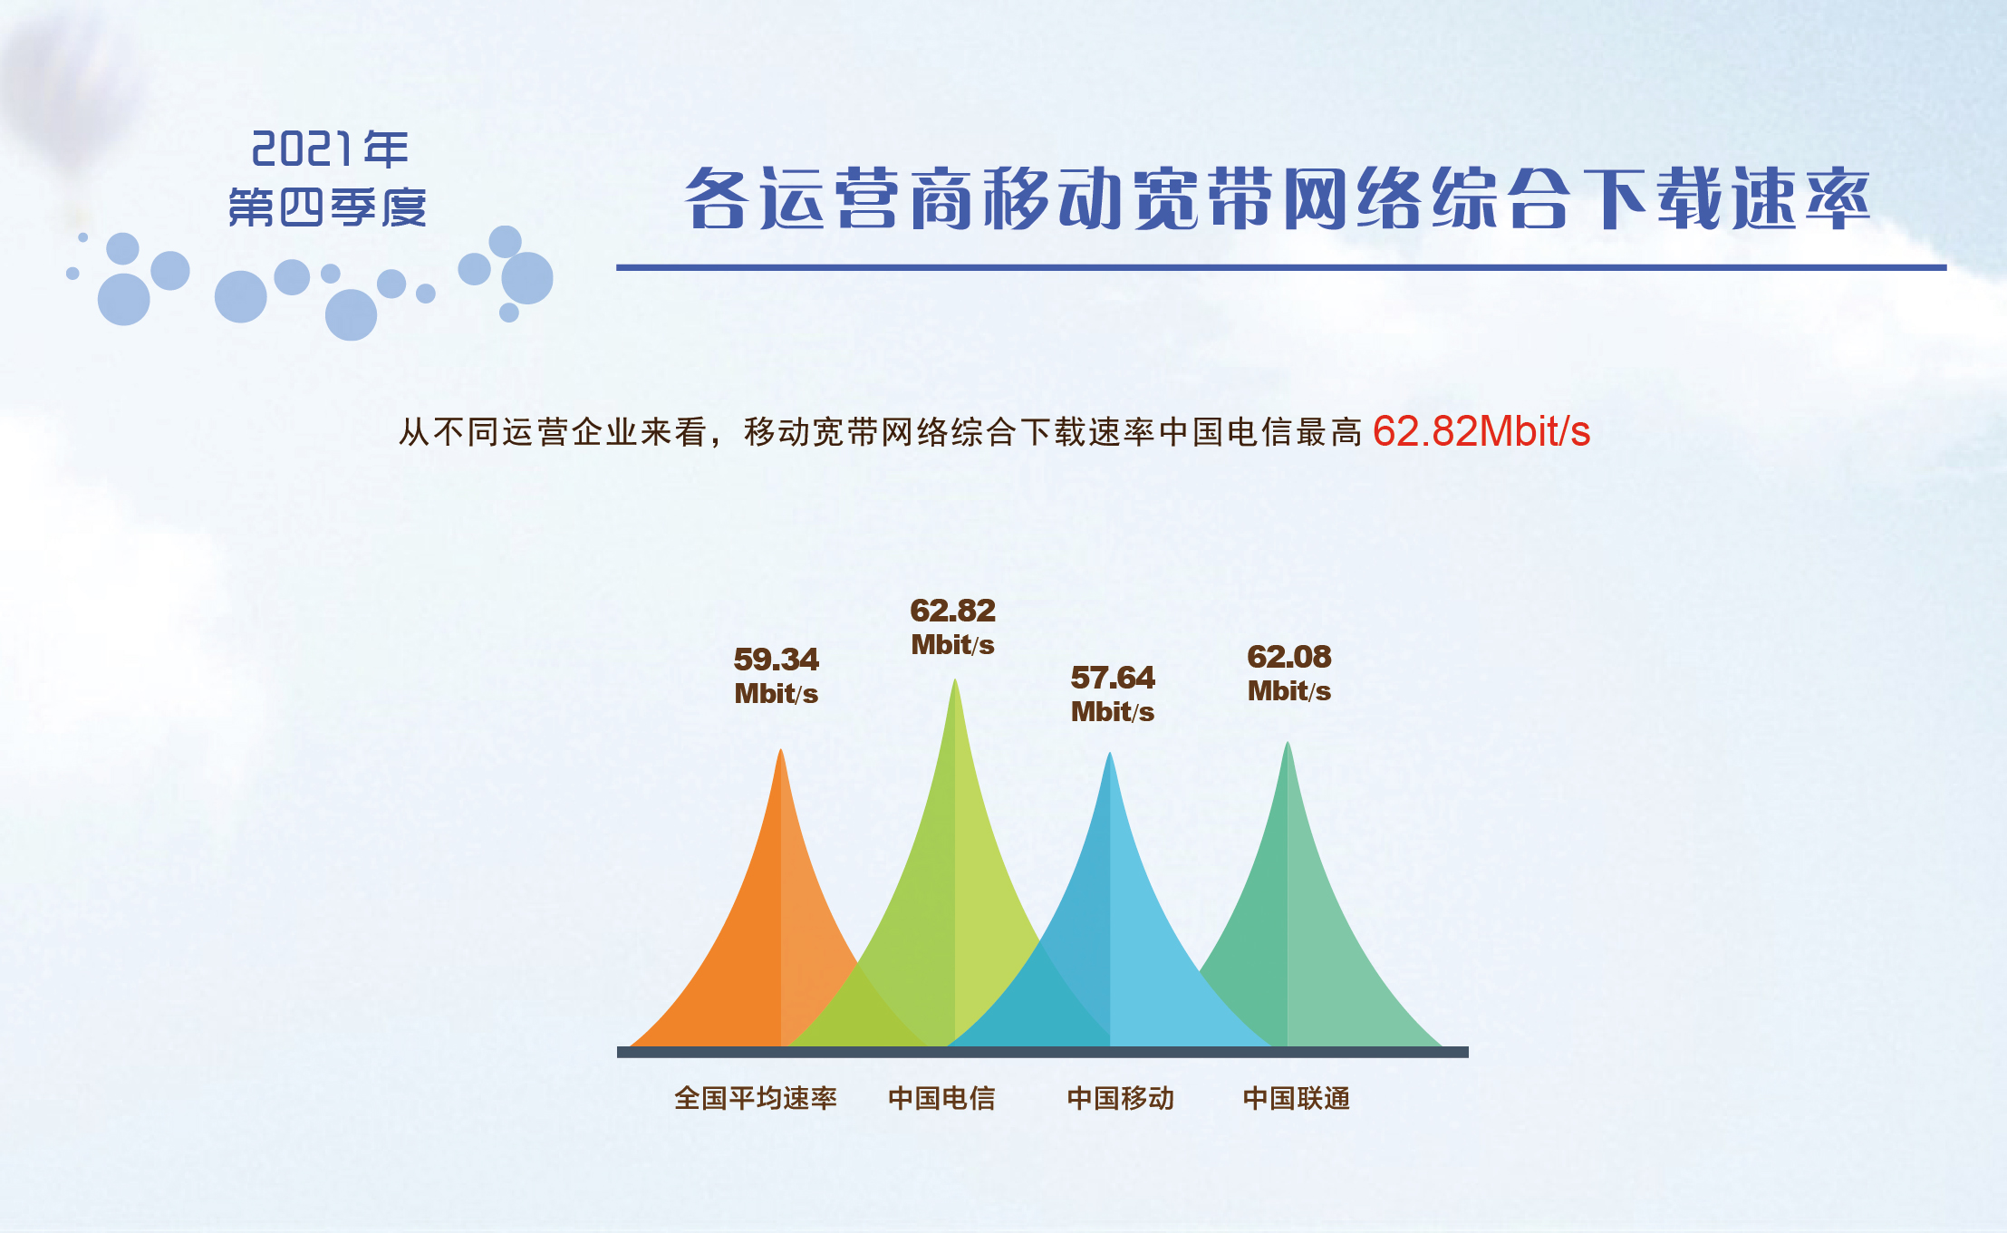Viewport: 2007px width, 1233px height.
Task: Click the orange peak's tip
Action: [781, 750]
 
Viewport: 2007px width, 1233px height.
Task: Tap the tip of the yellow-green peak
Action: [955, 679]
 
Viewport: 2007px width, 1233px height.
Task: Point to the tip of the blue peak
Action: [1110, 754]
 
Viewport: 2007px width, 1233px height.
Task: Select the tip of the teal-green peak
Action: [1288, 743]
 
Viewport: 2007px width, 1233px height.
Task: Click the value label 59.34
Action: [777, 660]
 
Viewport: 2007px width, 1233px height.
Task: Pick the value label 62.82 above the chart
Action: [953, 611]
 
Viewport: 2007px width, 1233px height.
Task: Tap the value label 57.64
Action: [1113, 678]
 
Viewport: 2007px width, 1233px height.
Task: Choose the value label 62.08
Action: [1289, 657]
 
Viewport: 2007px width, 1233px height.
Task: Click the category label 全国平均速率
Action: [756, 1099]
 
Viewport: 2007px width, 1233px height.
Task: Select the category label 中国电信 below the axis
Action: [941, 1099]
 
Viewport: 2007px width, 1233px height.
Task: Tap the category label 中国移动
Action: [1121, 1099]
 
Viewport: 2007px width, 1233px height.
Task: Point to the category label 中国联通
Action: [1297, 1099]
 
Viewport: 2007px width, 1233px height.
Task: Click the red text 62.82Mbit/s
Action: [1481, 431]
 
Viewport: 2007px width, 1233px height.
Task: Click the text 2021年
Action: [330, 149]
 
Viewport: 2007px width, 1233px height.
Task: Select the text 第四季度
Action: [327, 207]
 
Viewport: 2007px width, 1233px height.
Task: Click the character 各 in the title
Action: [716, 197]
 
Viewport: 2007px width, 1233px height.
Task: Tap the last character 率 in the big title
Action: [1838, 197]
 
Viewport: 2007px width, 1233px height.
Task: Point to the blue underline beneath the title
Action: [1281, 267]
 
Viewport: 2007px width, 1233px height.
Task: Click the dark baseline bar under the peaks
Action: [1043, 1052]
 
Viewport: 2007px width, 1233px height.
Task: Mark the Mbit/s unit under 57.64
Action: [1113, 712]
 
